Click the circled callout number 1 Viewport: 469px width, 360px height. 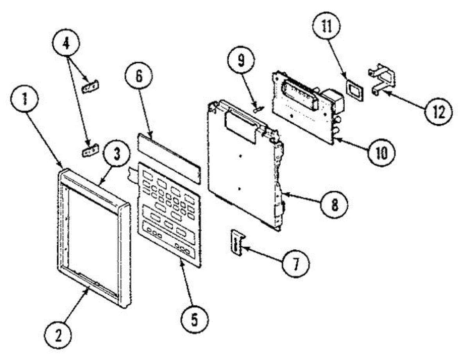tap(24, 100)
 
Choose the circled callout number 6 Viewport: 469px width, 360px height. tap(139, 77)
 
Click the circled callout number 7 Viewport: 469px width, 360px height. tap(295, 263)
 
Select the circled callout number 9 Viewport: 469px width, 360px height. tap(241, 61)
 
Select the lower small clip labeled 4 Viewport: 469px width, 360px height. tap(90, 150)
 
